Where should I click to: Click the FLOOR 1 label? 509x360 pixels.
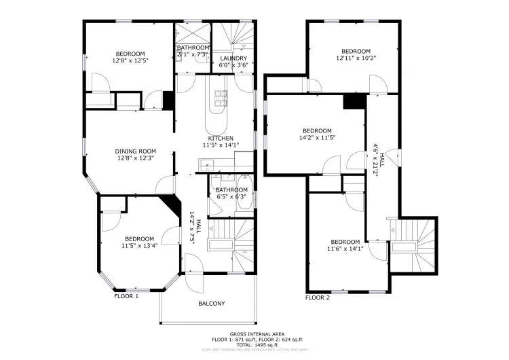tap(126, 296)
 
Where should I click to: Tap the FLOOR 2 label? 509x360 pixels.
tap(318, 298)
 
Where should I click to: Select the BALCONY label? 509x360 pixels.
tap(211, 304)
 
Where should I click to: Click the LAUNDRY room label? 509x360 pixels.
tap(233, 58)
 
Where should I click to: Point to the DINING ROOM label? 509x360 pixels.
tap(135, 151)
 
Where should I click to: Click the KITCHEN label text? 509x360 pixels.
tap(217, 138)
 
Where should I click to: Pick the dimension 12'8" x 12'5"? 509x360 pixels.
tap(130, 60)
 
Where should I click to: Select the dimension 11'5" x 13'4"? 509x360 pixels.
tap(140, 246)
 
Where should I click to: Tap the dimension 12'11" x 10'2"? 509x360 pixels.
tap(356, 58)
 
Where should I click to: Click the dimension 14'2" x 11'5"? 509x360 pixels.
tap(318, 138)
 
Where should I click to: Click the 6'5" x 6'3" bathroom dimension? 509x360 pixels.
tap(231, 197)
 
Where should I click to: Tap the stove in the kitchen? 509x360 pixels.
tap(221, 98)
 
